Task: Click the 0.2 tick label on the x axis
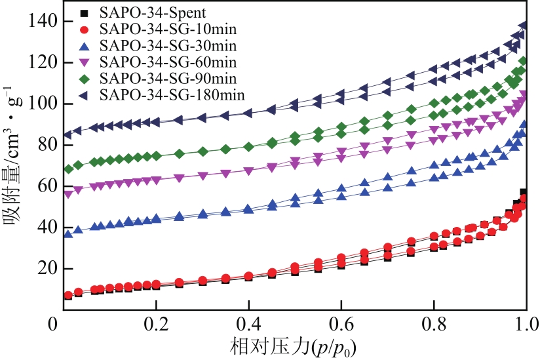[x=157, y=325]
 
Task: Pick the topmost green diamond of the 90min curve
[x=523, y=62]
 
